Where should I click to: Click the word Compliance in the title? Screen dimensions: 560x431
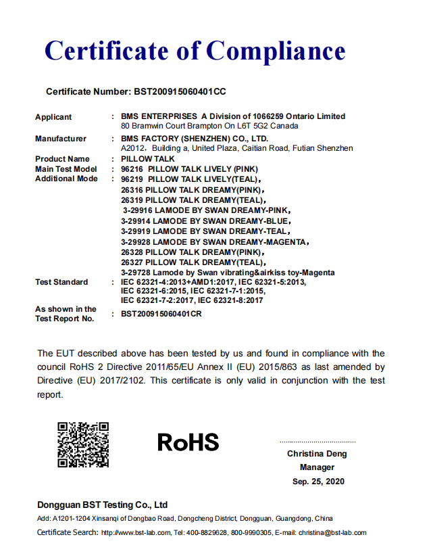coord(275,51)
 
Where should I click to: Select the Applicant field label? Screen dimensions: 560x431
coord(53,117)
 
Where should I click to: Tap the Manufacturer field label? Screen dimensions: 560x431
coord(61,139)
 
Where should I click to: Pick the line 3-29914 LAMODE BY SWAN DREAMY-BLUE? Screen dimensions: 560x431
coord(205,220)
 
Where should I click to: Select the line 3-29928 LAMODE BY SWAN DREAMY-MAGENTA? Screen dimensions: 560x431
coord(213,241)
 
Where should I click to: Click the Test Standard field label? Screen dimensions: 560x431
coord(61,282)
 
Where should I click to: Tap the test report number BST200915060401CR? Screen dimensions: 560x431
coord(161,314)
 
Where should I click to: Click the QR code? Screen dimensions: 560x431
coord(83,444)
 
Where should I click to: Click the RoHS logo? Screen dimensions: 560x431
coord(188,442)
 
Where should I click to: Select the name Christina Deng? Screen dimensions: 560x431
coord(317,454)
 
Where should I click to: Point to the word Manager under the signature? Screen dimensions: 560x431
coord(317,467)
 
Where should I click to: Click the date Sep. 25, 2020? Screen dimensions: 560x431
coord(318,482)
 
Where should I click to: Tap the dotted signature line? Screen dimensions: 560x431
coord(317,442)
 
